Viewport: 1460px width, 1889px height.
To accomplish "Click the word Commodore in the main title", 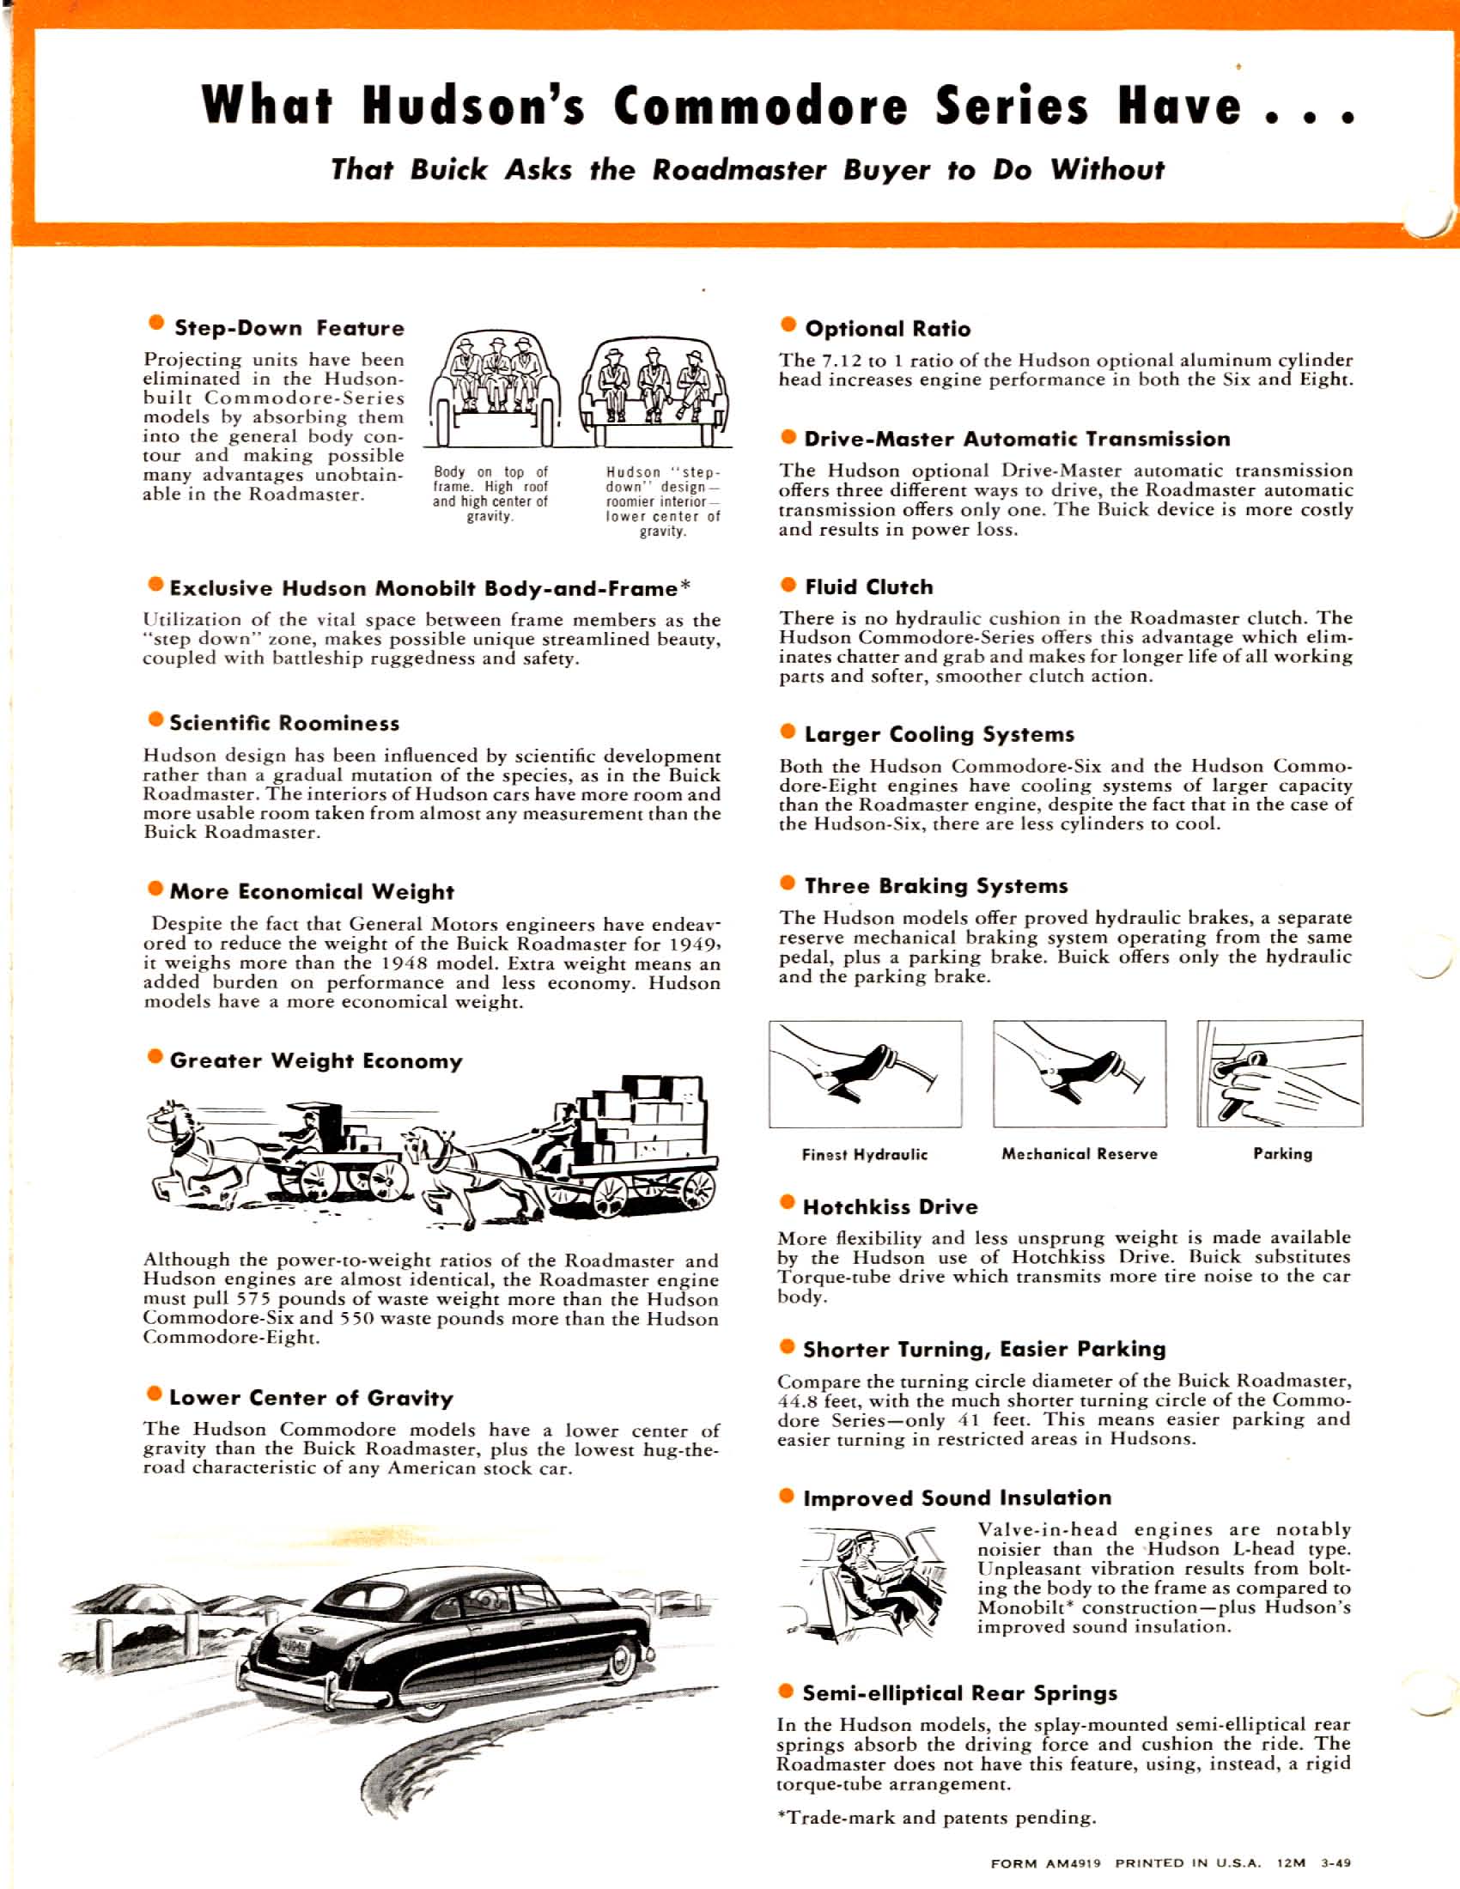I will coord(760,106).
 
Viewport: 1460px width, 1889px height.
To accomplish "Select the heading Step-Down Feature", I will coord(289,329).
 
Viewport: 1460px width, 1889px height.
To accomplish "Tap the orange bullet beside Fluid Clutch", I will coord(787,585).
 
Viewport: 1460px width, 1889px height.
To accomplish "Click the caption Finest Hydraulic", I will coord(864,1155).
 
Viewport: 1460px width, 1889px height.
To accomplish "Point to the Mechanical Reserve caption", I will coord(1079,1154).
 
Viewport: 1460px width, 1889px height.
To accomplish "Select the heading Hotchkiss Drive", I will coord(890,1206).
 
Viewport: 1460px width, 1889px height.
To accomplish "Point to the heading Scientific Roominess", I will coord(284,723).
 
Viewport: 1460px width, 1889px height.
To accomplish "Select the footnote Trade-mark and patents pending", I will coord(937,1817).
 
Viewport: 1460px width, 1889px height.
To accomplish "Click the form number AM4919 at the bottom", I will coord(1073,1863).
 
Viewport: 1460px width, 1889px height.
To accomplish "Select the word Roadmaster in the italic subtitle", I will coord(739,170).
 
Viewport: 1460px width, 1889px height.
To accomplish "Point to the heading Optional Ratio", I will coord(886,329).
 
